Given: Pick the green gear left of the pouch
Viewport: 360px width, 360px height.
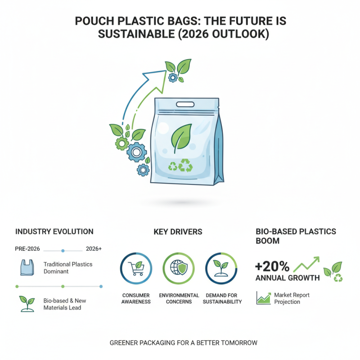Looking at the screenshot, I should (x=121, y=144).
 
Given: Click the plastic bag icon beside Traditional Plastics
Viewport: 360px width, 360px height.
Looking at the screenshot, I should (x=27, y=267).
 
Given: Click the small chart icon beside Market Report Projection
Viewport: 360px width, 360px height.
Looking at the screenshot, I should (x=263, y=298).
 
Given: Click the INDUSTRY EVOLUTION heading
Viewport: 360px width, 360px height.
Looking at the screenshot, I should (x=54, y=232).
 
